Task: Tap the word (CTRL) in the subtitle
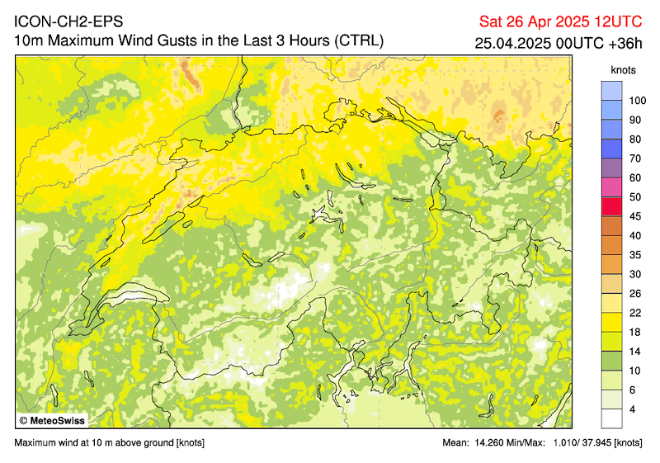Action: pos(356,41)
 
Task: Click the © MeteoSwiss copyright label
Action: pos(51,420)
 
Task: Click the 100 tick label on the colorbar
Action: pos(636,101)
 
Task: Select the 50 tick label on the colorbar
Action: pos(635,196)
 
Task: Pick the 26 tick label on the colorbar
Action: pos(635,293)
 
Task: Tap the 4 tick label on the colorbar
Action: pos(632,409)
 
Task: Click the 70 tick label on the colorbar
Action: pos(635,158)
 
